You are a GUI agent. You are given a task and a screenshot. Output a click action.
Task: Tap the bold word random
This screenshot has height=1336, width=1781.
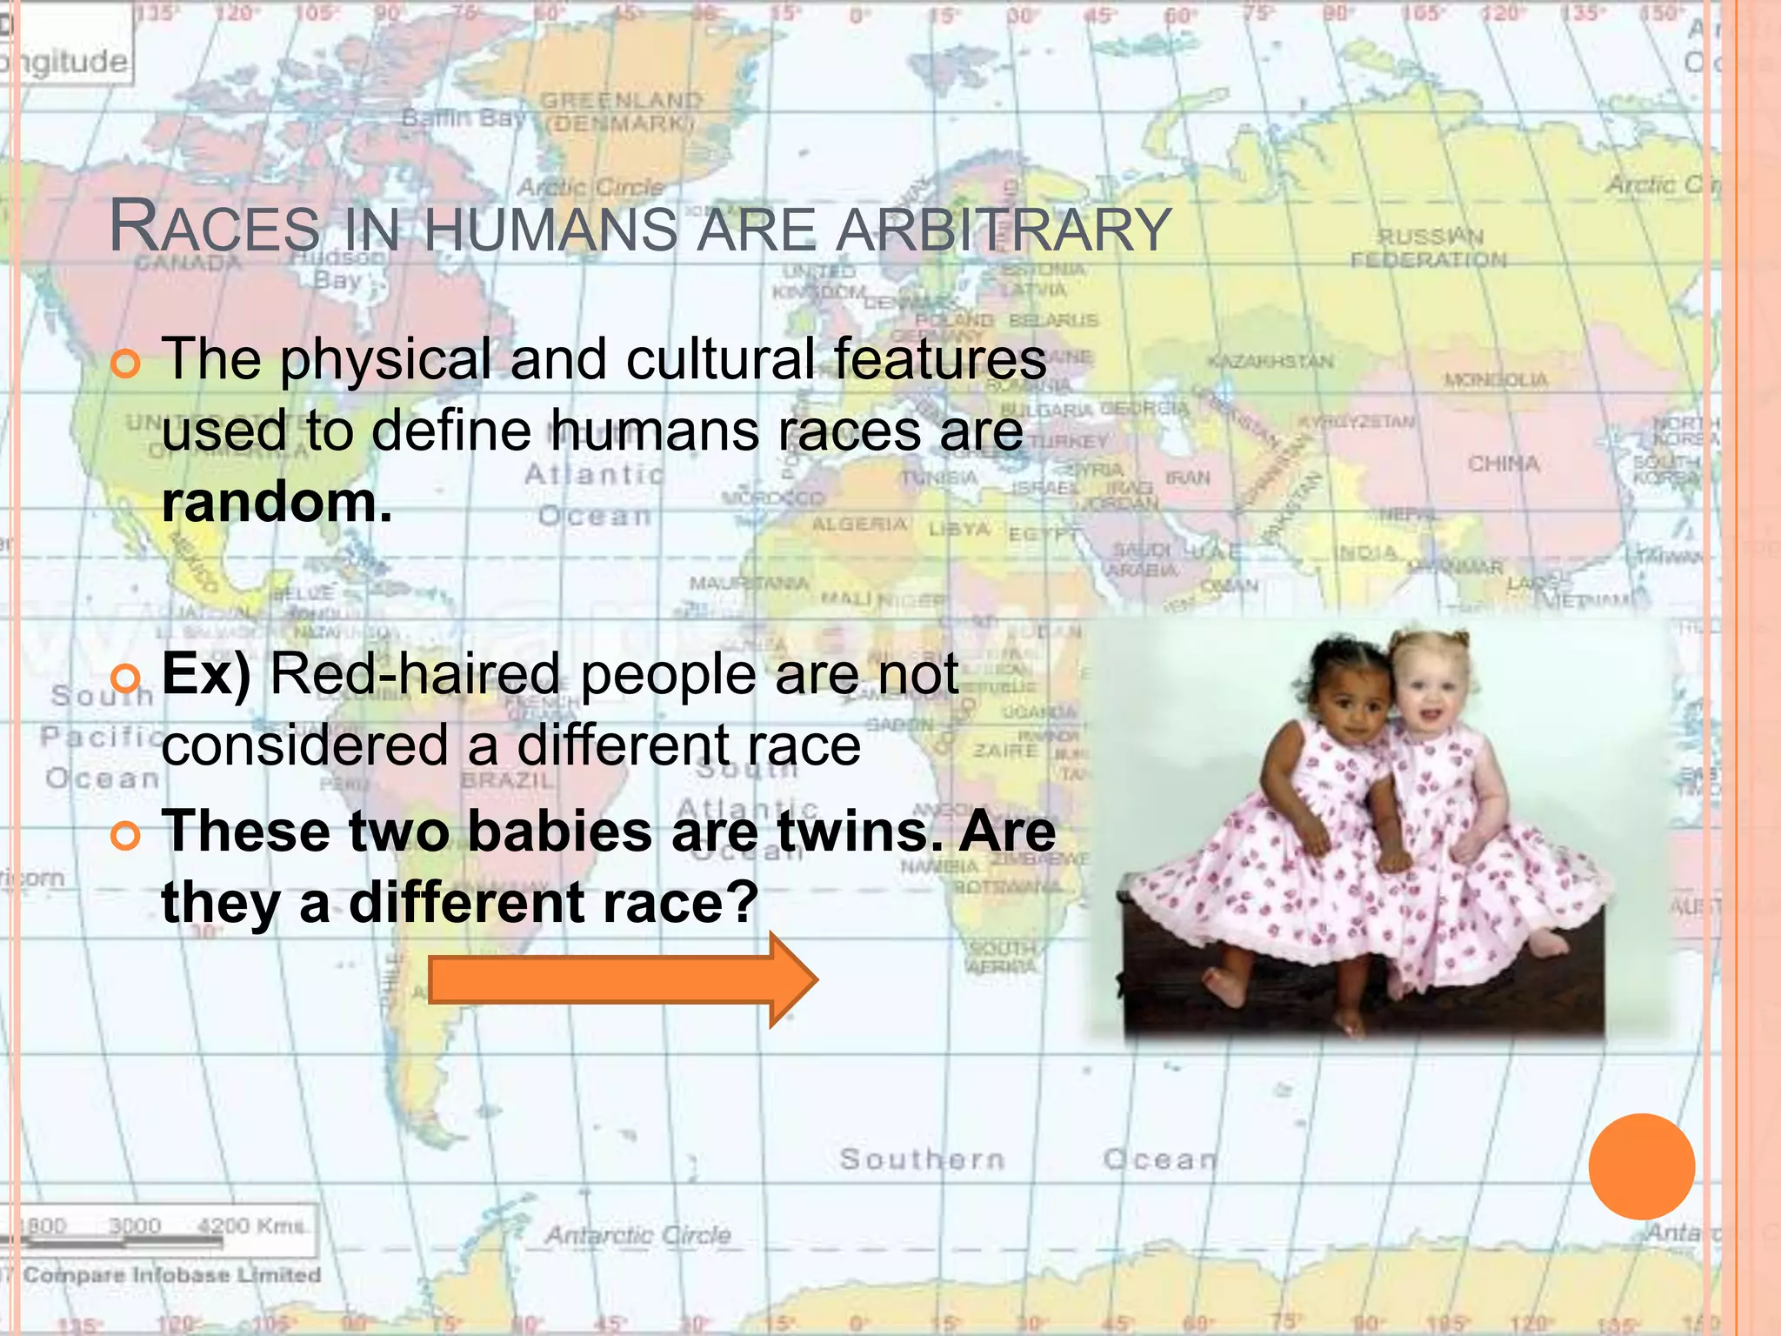277,503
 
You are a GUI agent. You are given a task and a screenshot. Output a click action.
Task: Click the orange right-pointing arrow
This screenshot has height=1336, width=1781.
622,980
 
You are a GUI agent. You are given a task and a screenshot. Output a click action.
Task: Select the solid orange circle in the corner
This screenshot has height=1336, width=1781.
1641,1166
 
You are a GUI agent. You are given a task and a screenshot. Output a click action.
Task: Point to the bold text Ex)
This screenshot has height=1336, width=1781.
206,674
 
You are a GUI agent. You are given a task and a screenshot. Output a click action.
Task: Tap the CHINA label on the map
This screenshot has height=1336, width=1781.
1503,464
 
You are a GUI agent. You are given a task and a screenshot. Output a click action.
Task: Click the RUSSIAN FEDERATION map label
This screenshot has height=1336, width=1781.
1429,248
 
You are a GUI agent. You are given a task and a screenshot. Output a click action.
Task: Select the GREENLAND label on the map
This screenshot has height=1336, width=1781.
620,102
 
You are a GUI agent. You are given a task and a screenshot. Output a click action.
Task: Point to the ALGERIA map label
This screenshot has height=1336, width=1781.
859,524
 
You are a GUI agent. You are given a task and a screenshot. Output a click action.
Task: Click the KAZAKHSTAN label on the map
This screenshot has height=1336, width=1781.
1270,361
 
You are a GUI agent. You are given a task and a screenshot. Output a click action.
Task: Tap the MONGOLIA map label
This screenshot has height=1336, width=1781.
1496,380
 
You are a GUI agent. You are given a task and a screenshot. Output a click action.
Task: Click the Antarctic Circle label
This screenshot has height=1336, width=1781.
637,1235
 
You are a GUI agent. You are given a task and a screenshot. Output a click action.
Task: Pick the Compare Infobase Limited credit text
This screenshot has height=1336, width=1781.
171,1275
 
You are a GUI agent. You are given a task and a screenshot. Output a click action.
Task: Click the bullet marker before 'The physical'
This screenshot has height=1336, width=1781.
126,364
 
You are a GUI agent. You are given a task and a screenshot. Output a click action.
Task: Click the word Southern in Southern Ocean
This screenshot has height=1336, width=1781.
922,1159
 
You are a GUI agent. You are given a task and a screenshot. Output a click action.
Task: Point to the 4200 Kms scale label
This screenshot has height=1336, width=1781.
250,1226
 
